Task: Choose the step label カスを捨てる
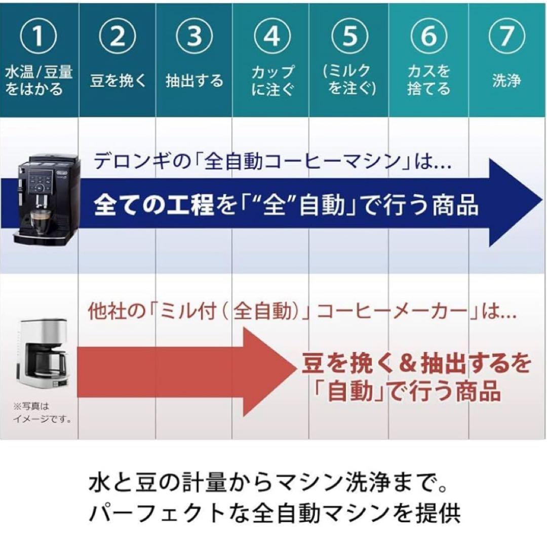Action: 428,81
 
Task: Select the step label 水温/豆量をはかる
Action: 38,81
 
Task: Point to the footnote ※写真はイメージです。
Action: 42,412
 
